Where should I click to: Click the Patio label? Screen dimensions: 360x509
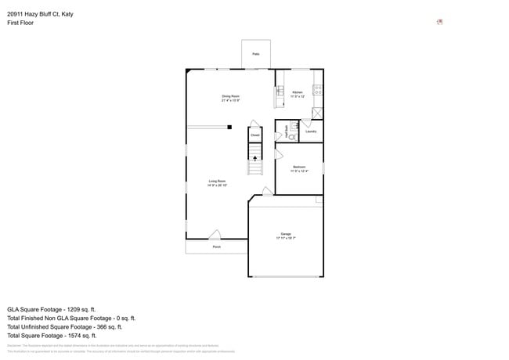pos(255,54)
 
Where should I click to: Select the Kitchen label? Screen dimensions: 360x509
pos(298,93)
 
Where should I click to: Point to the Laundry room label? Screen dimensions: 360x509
pos(310,131)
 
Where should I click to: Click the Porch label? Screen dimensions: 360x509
pos(216,247)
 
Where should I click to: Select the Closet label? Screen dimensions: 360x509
pos(255,135)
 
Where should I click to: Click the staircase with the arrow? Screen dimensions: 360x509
pos(255,164)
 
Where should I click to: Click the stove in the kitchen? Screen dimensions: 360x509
pos(318,92)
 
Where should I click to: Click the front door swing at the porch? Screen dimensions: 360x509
pos(215,234)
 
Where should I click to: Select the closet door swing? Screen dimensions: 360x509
pos(254,124)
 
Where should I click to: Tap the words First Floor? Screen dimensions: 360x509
pos(20,23)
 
